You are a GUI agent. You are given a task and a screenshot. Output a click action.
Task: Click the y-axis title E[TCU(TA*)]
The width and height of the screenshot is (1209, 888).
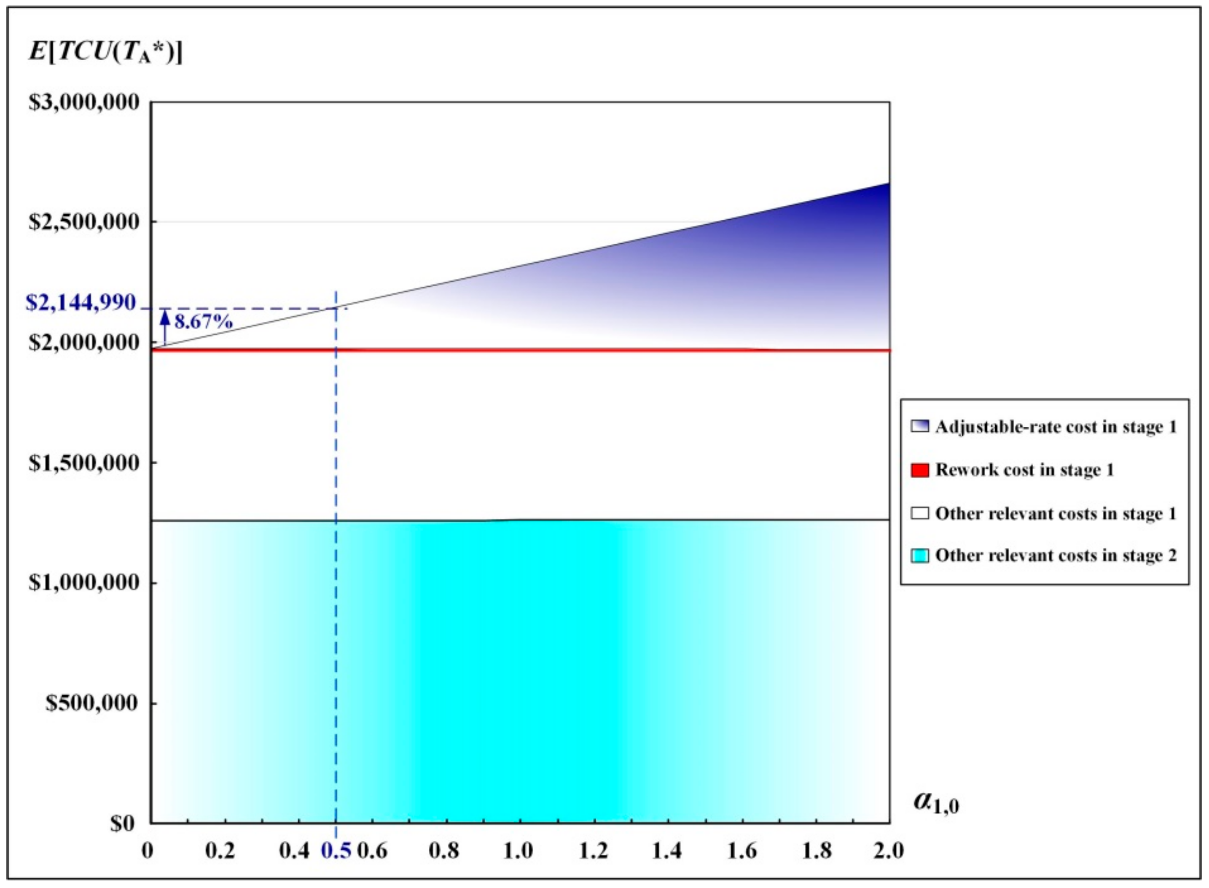[x=105, y=53]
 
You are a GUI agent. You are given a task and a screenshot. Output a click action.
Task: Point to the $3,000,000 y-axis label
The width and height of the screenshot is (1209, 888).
[x=84, y=102]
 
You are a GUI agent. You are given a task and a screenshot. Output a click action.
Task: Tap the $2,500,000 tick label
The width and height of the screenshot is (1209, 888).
[x=84, y=221]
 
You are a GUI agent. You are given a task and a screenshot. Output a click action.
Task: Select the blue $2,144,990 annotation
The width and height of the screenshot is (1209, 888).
[x=81, y=303]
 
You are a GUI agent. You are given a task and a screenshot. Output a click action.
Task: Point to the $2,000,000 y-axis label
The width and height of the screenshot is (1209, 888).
[x=84, y=342]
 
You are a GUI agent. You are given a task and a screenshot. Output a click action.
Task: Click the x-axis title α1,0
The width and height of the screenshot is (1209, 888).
[x=936, y=817]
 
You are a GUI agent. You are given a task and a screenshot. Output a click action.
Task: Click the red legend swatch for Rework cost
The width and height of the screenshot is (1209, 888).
[x=920, y=470]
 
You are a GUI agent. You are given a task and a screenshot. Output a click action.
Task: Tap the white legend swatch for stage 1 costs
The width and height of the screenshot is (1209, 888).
[x=920, y=513]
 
